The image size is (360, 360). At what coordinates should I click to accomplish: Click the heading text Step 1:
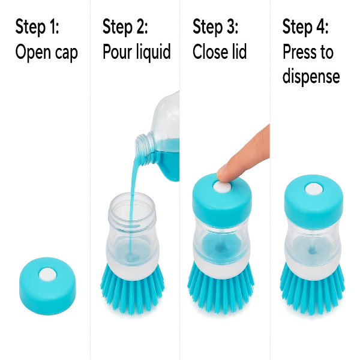click(x=37, y=27)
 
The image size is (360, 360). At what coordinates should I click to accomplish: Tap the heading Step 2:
click(x=125, y=27)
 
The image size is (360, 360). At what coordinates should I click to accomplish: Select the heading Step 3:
click(x=215, y=27)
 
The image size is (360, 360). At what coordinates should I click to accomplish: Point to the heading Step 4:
click(x=305, y=27)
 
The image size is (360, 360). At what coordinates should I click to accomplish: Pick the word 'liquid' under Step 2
click(x=154, y=52)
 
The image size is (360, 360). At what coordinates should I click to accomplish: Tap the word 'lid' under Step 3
click(x=237, y=51)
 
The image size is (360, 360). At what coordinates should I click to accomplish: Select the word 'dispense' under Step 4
click(x=311, y=76)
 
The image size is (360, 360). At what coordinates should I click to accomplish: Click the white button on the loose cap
click(x=47, y=274)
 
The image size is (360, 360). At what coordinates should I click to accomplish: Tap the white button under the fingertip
click(x=221, y=186)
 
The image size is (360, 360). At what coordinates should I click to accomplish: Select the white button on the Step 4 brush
click(x=314, y=189)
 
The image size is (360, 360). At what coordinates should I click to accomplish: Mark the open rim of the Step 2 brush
click(x=132, y=200)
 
